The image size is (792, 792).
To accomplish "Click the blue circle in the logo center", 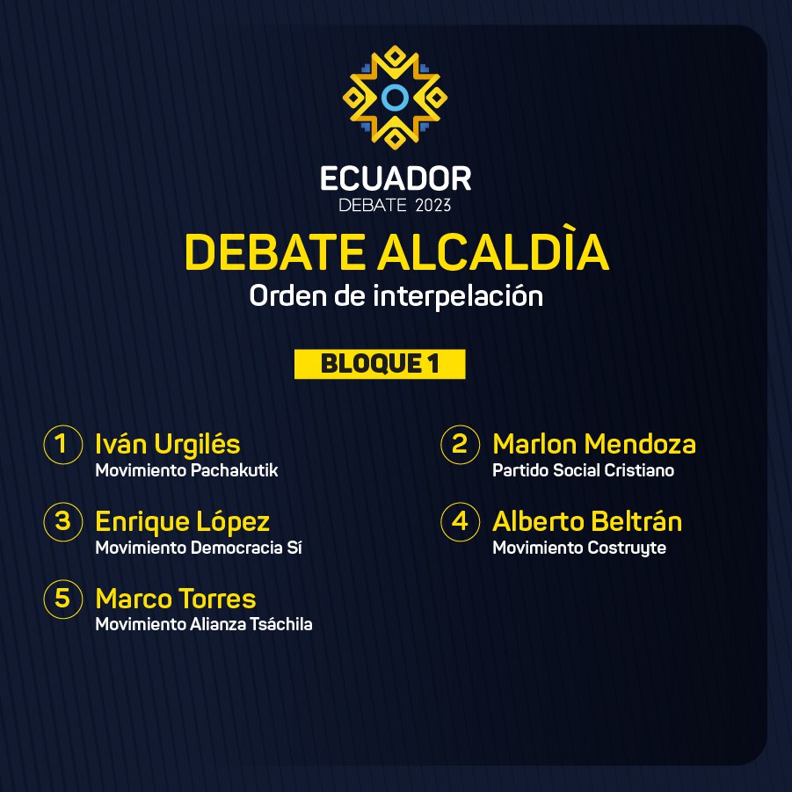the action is pos(395,98).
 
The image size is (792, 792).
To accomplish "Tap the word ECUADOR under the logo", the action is pos(396,178).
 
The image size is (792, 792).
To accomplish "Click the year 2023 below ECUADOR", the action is pos(432,206).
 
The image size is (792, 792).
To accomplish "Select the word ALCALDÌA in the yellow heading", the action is pos(493,251).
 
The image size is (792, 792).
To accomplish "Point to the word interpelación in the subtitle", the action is pos(458,295).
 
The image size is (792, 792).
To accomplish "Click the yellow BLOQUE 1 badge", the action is pos(380,364).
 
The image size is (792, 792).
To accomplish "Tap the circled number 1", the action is pos(63,445).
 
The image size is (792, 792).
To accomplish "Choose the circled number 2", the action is pos(460,445).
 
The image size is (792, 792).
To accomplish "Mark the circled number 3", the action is pos(63,522).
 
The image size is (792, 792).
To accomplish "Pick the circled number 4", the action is pos(460,522).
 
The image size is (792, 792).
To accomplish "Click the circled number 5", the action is pos(63,599).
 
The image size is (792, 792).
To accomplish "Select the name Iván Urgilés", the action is pos(168,445).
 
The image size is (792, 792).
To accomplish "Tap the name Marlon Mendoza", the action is pos(594,445).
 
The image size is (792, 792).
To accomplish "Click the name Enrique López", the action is pos(182,522).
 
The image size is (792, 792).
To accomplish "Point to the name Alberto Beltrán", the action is pos(587,521).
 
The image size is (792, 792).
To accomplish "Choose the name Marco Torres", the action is pos(176,599).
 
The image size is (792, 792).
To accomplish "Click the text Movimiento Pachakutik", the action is pos(186,470).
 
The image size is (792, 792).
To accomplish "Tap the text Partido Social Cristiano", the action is pos(583,470).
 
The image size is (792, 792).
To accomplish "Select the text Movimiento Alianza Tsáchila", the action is pos(204,624).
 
